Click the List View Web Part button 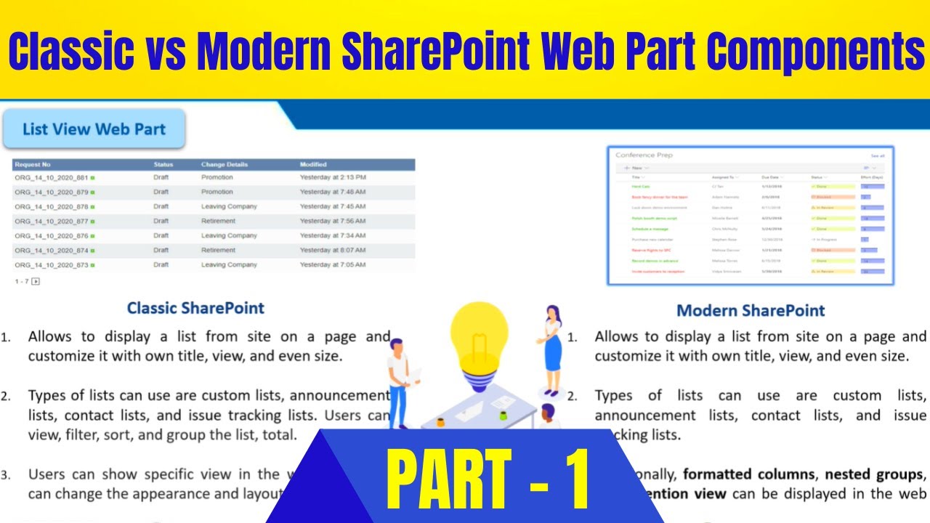coord(94,129)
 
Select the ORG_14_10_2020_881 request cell coord(51,177)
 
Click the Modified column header coord(313,165)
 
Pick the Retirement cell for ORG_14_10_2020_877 coord(218,221)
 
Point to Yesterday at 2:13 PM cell coord(333,177)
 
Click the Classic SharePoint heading coord(195,308)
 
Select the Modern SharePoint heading coord(751,311)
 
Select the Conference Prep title coord(644,155)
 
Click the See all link coord(877,156)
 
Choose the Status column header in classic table coord(163,165)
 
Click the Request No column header coord(33,165)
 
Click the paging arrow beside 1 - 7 coord(36,281)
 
